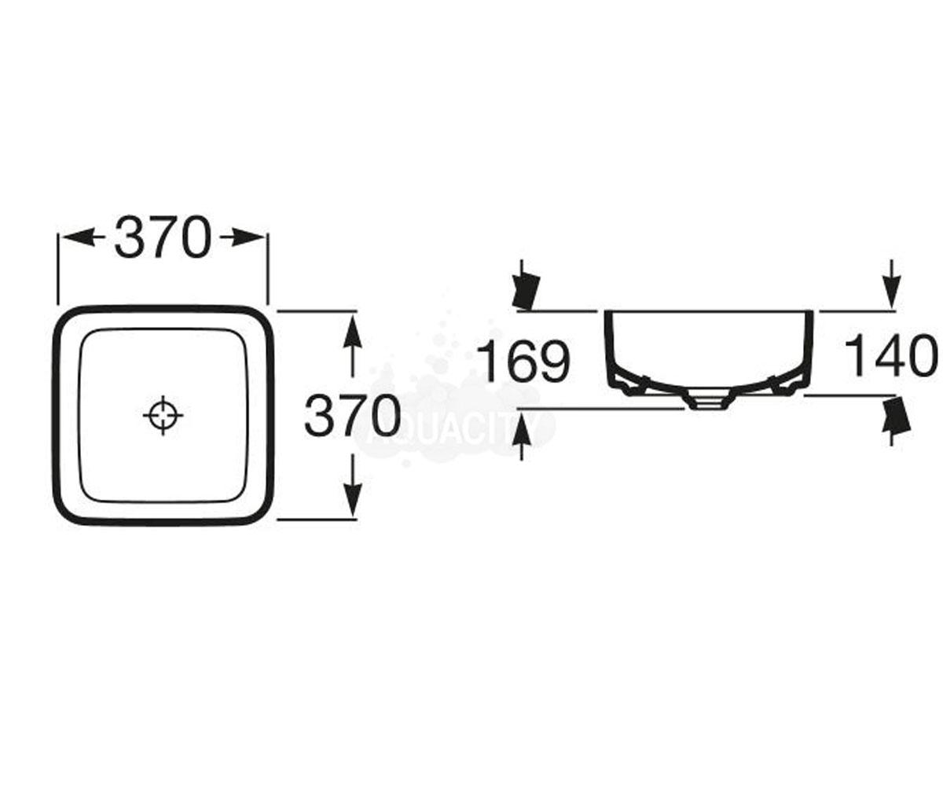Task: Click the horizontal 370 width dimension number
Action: click(x=163, y=237)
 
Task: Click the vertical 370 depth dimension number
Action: click(x=353, y=416)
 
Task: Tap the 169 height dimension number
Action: click(x=524, y=362)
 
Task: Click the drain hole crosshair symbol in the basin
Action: click(x=163, y=416)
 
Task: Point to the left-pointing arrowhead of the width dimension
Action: click(x=78, y=237)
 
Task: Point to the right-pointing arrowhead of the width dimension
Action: click(x=247, y=237)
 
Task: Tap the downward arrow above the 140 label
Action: click(x=890, y=284)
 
